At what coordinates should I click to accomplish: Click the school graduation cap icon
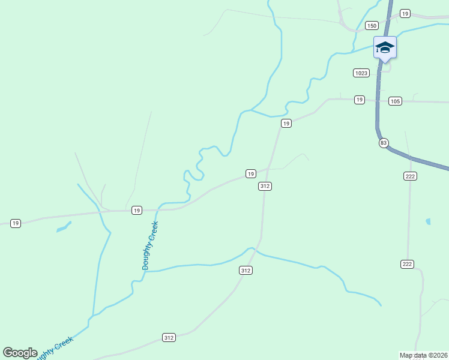[x=384, y=47]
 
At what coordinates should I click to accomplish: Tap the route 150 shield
[x=372, y=25]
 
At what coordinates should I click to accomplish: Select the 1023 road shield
[x=361, y=73]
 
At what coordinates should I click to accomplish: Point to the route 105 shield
[x=394, y=101]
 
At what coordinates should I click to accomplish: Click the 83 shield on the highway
[x=384, y=143]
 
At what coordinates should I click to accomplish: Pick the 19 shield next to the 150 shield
[x=405, y=13]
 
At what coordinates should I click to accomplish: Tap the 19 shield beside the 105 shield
[x=359, y=99]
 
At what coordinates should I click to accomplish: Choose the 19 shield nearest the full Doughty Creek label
[x=137, y=210]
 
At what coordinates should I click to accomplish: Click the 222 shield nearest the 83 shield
[x=410, y=176]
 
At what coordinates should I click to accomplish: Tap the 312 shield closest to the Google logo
[x=169, y=338]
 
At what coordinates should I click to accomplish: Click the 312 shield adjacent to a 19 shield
[x=265, y=187]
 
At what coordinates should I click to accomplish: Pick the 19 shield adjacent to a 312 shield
[x=250, y=173]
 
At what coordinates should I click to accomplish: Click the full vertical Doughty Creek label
[x=149, y=245]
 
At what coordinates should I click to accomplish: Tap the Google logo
[x=20, y=353]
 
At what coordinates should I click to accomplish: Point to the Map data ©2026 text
[x=424, y=355]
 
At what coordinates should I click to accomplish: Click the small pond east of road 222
[x=428, y=221]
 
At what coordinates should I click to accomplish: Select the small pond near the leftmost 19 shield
[x=64, y=227]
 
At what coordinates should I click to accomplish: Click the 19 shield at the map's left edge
[x=16, y=223]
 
